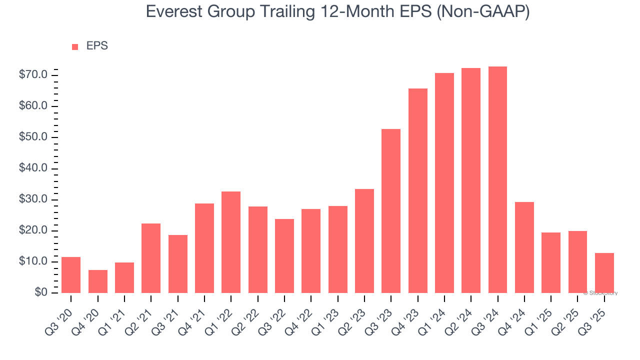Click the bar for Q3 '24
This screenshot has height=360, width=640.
tap(497, 179)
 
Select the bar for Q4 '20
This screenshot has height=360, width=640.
tap(98, 281)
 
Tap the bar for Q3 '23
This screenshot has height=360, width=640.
tap(391, 211)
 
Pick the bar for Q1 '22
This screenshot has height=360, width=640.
tap(231, 242)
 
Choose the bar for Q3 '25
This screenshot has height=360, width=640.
tap(604, 273)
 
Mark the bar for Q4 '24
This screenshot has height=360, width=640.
tap(524, 247)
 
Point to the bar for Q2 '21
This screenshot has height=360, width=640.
tap(151, 258)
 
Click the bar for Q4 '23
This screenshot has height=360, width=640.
tap(418, 190)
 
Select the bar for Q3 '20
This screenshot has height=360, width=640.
tap(71, 275)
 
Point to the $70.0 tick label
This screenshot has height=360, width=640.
tap(34, 75)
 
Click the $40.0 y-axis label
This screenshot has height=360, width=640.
tap(34, 168)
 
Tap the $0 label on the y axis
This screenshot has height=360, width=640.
tap(40, 293)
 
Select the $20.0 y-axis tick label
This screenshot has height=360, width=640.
tap(34, 231)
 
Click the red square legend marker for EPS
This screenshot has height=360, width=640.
tap(75, 47)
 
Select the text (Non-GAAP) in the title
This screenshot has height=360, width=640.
tap(483, 12)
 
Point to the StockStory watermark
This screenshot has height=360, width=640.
tap(600, 293)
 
